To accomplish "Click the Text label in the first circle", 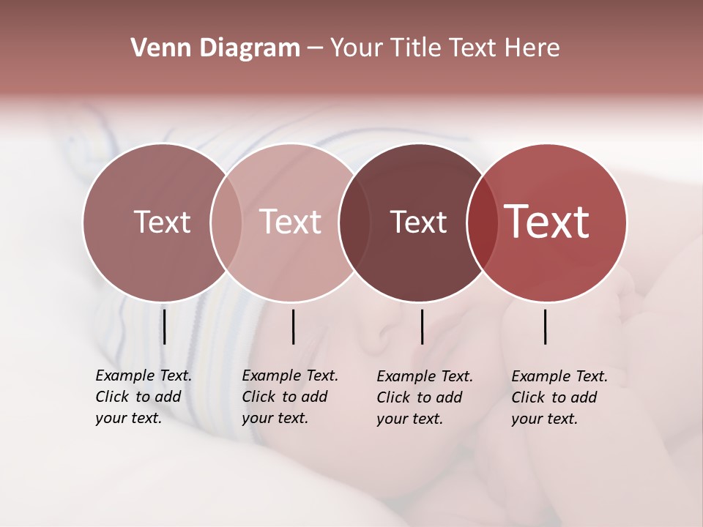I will (162, 223).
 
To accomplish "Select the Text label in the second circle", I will (291, 223).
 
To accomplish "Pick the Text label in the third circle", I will (418, 223).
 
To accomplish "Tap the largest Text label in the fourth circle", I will (547, 223).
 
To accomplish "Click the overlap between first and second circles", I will (226, 223).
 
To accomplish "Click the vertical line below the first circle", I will (165, 326).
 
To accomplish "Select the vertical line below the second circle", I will (293, 326).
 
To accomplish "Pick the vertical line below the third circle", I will (422, 326).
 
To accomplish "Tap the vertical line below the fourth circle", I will (545, 326).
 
